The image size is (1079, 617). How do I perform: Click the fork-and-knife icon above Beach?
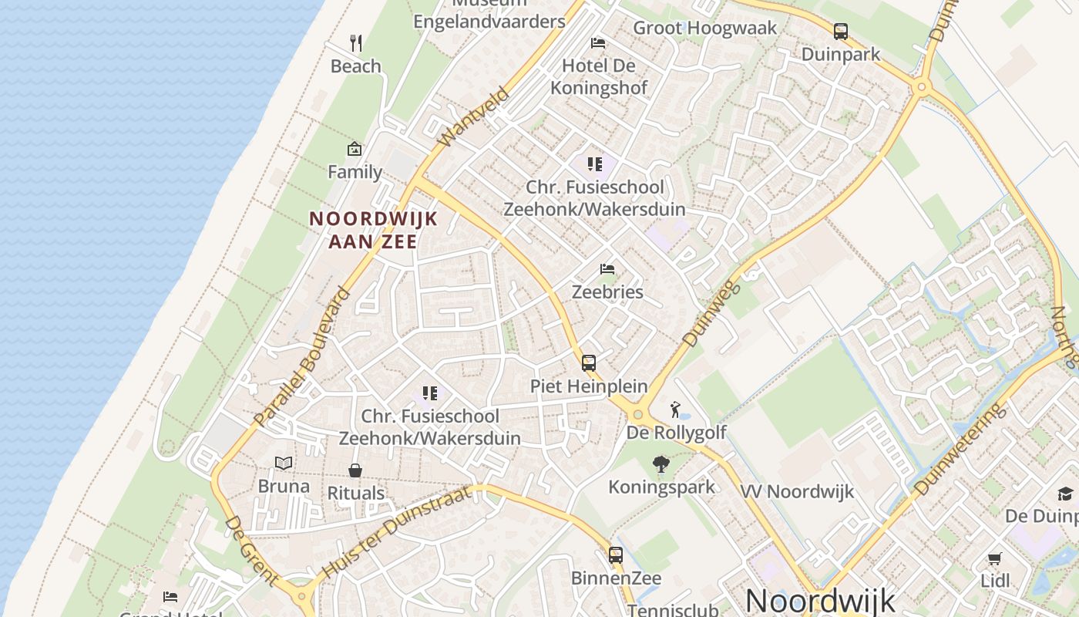click(x=355, y=42)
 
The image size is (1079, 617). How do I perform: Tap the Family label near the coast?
click(x=355, y=171)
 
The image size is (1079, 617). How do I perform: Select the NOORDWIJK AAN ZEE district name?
click(x=373, y=230)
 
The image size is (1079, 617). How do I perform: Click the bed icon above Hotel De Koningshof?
click(x=598, y=42)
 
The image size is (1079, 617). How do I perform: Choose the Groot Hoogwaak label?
click(x=705, y=29)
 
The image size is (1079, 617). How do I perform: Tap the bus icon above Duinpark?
click(x=840, y=32)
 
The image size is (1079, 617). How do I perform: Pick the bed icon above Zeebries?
click(x=607, y=269)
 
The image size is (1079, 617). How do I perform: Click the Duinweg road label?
click(x=711, y=313)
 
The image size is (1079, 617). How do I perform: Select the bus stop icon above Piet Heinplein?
click(x=589, y=362)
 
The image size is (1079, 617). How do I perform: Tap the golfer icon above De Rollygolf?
click(x=676, y=409)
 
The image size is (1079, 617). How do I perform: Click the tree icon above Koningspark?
click(x=661, y=464)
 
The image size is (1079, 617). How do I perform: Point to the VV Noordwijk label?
click(x=797, y=492)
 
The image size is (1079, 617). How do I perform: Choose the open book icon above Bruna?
click(x=284, y=463)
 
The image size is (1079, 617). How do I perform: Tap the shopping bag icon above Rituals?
click(x=355, y=470)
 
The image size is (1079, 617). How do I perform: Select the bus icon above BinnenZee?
click(x=615, y=555)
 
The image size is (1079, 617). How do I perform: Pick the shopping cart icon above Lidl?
click(x=994, y=558)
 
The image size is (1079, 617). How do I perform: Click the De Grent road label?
click(x=250, y=550)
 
